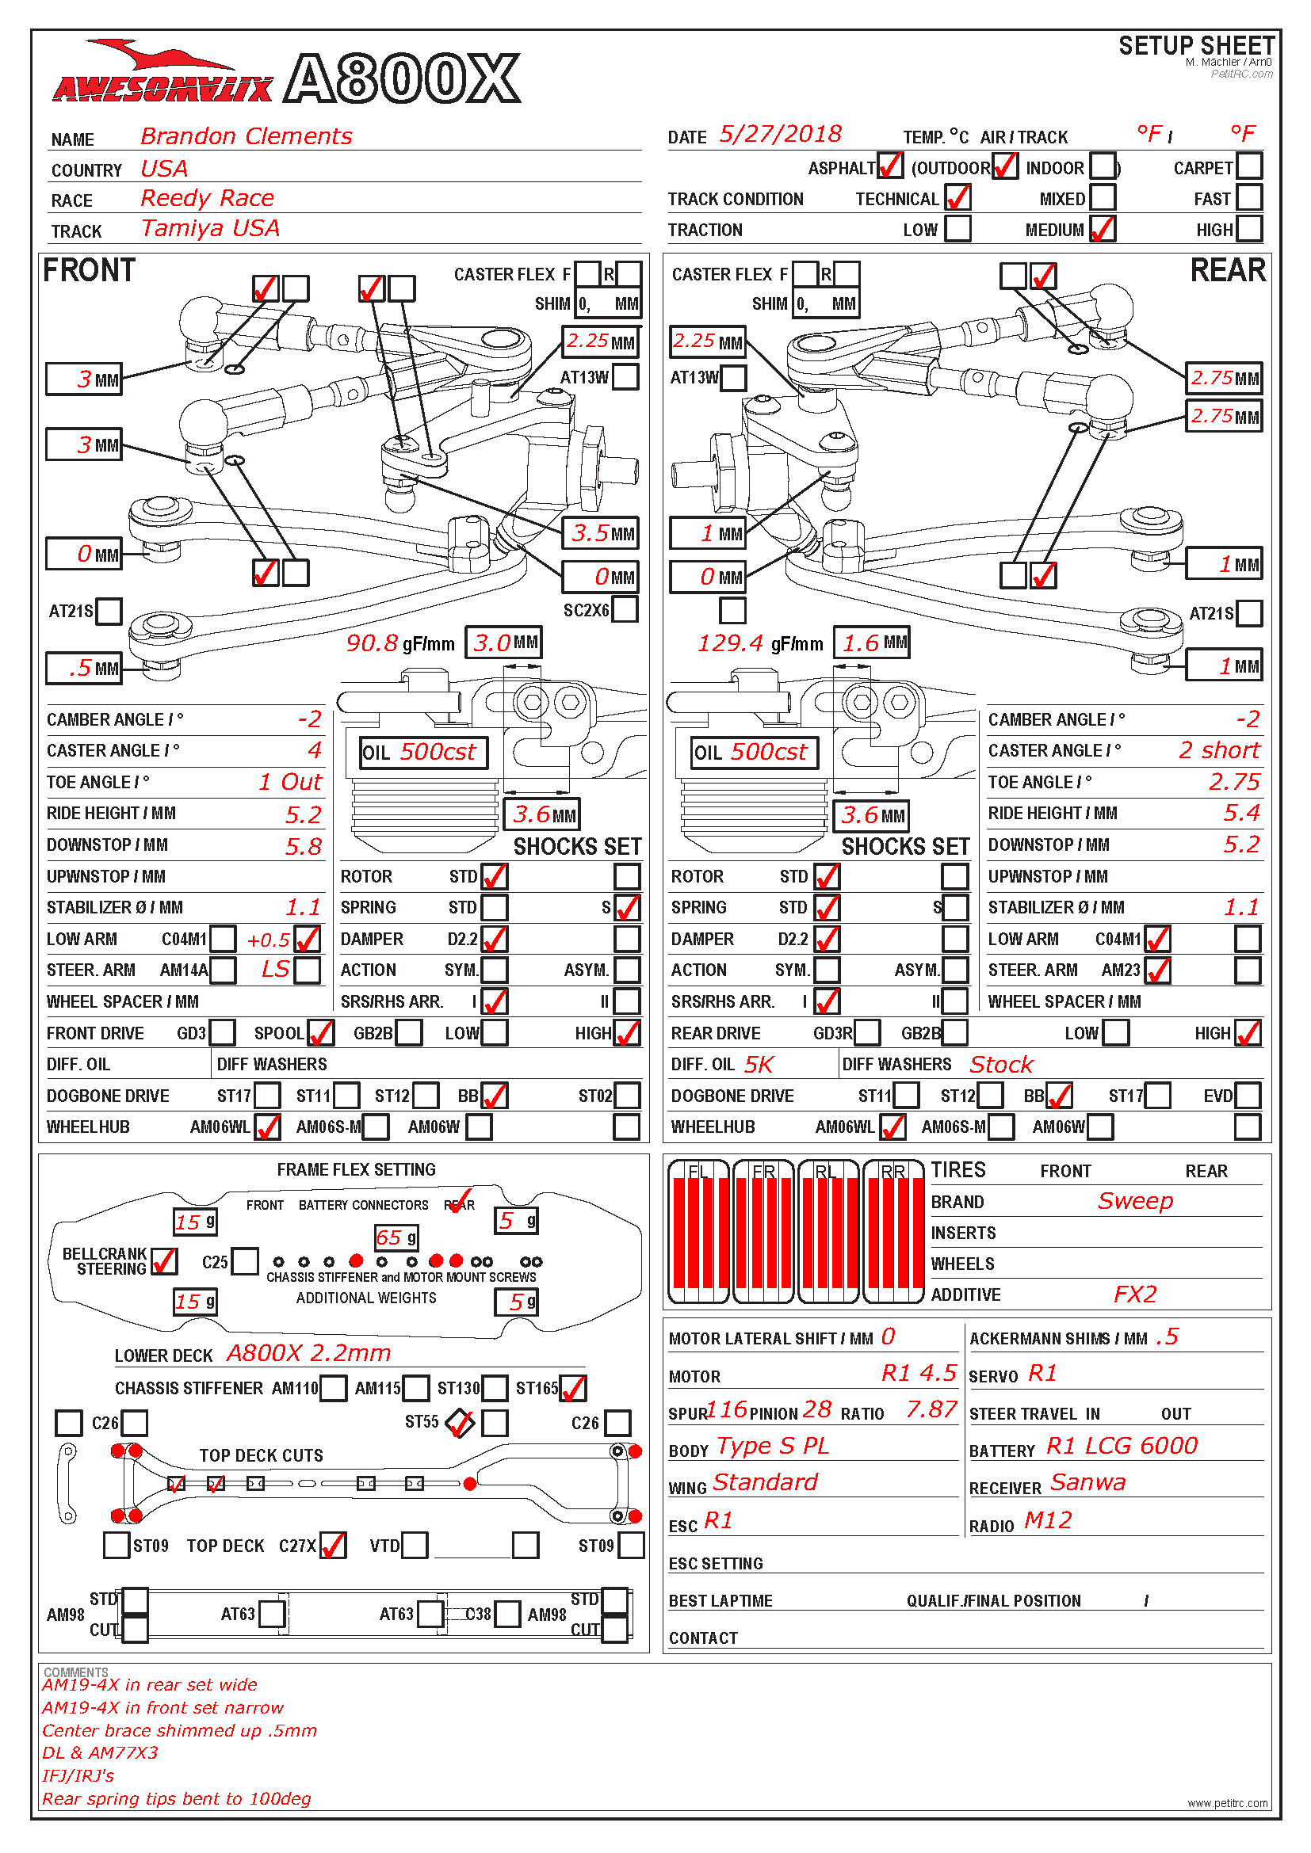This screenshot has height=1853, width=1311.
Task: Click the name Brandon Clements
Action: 247,135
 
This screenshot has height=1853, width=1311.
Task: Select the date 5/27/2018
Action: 780,134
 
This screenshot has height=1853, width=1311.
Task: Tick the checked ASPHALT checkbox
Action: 889,166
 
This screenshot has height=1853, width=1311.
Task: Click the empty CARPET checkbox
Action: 1249,166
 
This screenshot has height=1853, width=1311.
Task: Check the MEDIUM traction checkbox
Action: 1102,229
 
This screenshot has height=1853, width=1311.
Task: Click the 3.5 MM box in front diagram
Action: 602,532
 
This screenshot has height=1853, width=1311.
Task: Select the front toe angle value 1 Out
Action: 290,781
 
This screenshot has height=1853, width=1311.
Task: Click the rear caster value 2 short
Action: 1218,749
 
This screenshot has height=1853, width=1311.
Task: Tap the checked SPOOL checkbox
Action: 320,1032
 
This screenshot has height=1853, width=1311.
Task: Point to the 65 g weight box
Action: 396,1237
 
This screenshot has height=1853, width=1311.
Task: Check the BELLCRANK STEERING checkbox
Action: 164,1260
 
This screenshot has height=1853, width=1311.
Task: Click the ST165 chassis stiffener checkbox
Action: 572,1388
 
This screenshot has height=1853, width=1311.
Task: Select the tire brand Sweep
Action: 1134,1201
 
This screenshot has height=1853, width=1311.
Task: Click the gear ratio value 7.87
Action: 931,1409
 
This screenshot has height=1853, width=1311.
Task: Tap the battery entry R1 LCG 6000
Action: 1122,1446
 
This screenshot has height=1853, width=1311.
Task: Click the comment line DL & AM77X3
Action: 100,1752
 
